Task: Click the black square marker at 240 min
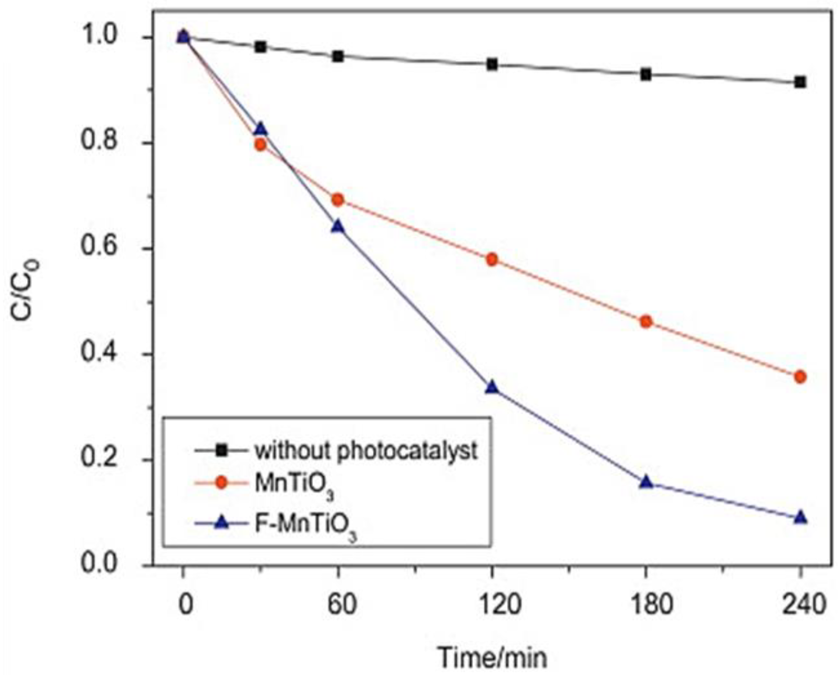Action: coord(800,82)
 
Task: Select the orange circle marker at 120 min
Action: coord(492,259)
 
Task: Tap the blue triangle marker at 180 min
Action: coord(646,482)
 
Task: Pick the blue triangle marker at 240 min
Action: coord(800,518)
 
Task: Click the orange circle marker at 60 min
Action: coord(338,200)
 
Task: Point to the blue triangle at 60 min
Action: coord(338,227)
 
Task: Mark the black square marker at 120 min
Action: coord(492,65)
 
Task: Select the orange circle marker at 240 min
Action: coord(800,377)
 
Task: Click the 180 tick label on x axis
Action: coord(646,605)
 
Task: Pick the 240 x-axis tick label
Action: coord(800,605)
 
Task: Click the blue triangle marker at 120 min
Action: coord(492,387)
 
